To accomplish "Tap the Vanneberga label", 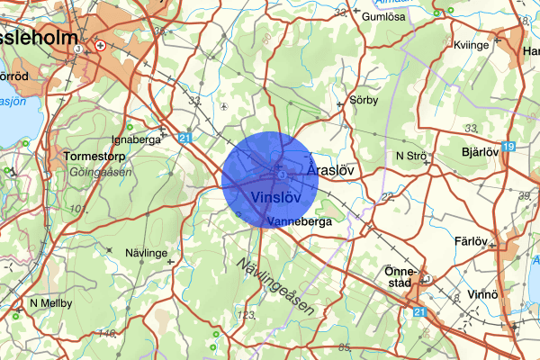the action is point(300,220).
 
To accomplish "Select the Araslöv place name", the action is point(333,168).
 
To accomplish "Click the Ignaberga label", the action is point(135,139).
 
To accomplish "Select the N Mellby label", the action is point(51,303).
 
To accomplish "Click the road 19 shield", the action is point(509,146).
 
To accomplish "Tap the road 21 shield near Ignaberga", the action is point(185,138).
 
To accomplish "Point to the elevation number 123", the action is point(246,315).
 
